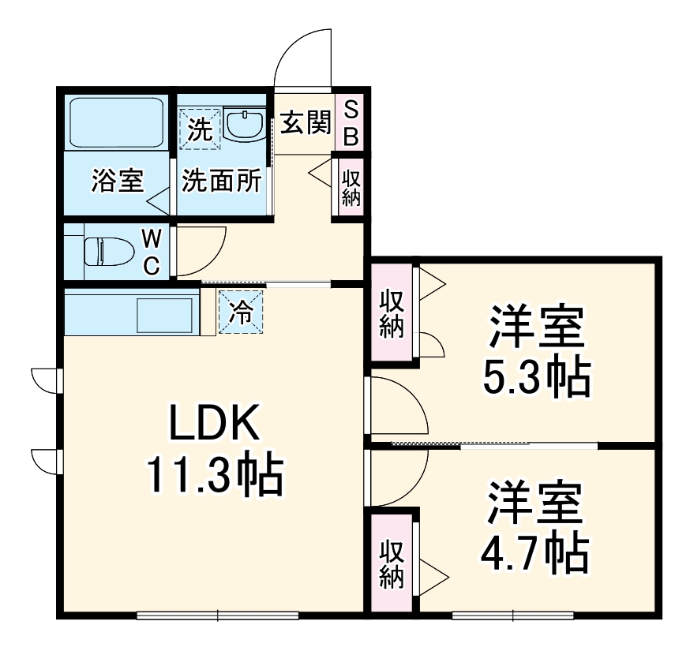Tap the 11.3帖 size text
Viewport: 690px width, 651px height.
coord(214,474)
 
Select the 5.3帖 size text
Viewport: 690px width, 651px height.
coord(536,379)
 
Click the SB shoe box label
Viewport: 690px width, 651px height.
coord(351,124)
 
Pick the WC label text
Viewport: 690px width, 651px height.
coord(152,253)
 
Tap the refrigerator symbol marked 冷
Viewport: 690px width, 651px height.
coord(241,312)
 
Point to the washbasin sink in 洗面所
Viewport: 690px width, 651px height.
coord(246,125)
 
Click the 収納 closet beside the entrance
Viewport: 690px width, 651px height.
coord(351,188)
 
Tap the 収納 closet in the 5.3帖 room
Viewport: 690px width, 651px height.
coord(392,313)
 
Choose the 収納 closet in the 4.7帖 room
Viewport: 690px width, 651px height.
coord(392,563)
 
